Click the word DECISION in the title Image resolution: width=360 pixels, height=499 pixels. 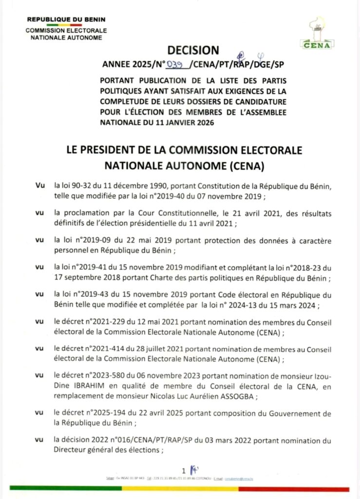(x=193, y=50)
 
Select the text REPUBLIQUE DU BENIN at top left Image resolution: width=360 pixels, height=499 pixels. (x=66, y=20)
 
